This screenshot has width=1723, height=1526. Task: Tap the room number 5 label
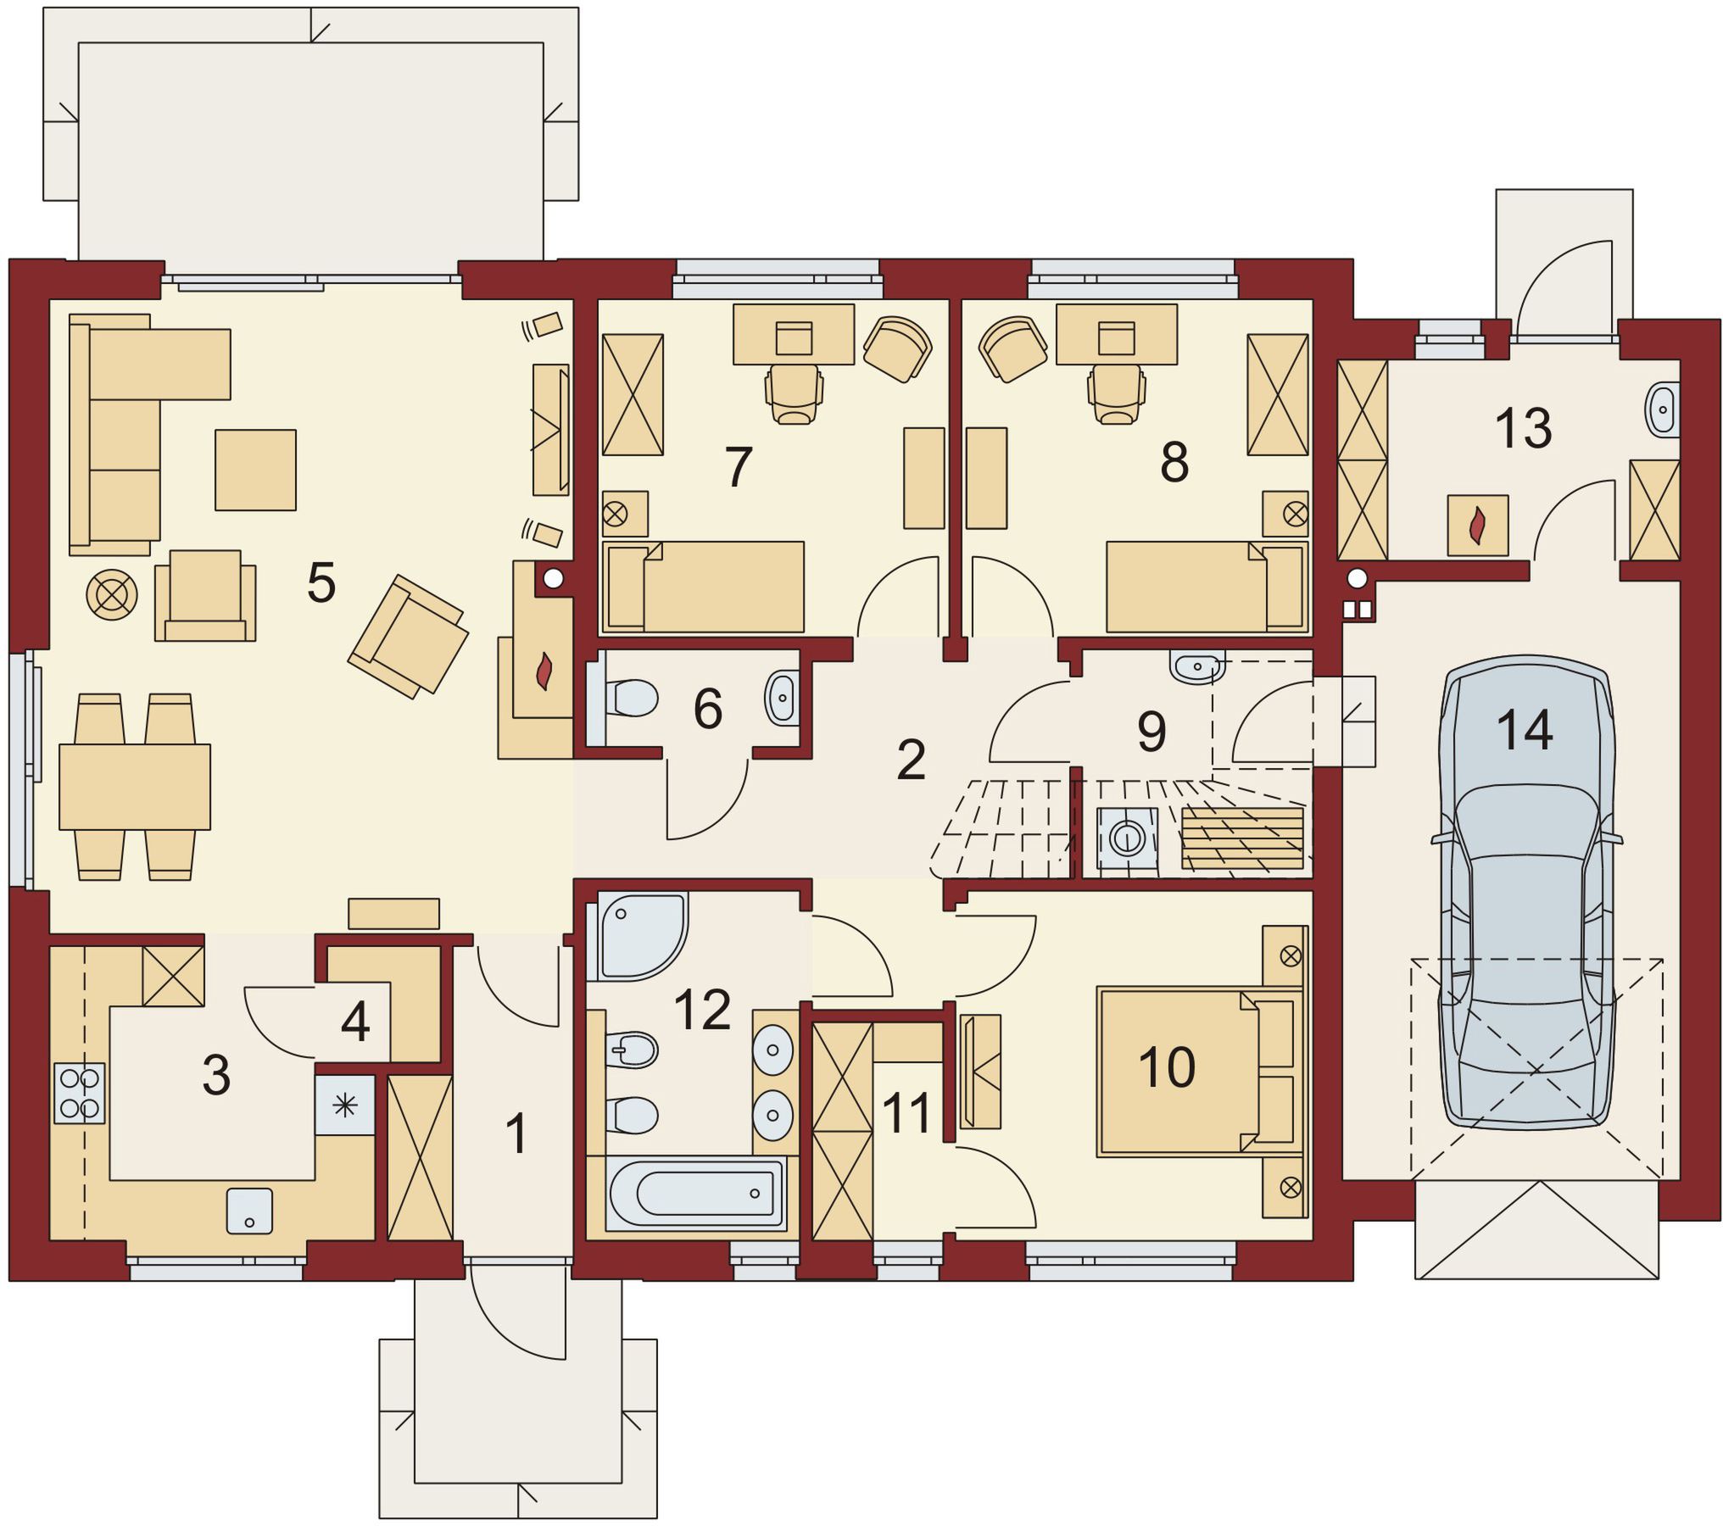pos(321,582)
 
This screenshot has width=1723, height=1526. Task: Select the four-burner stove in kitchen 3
pos(80,1093)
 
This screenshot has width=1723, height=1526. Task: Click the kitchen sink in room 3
pos(249,1211)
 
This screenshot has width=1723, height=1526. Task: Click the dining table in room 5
pos(135,787)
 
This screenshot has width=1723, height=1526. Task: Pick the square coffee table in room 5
pos(255,470)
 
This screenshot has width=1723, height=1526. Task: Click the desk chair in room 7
pos(794,394)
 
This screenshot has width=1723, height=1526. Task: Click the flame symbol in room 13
pos(1478,526)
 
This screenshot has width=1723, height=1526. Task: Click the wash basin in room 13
pos(1663,410)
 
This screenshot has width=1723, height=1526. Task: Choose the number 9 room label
pos(1151,731)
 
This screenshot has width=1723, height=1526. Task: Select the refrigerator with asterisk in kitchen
pos(345,1105)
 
